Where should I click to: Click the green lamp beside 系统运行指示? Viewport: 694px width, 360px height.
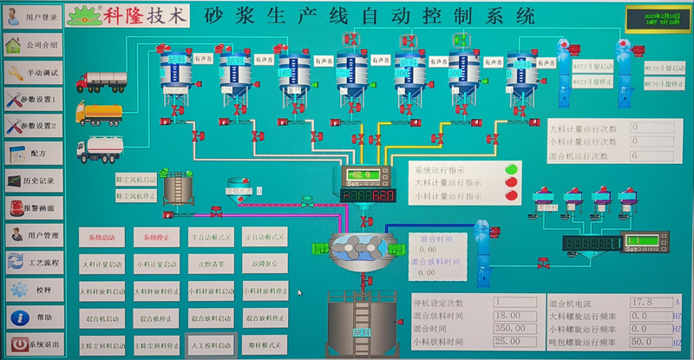tap(512, 168)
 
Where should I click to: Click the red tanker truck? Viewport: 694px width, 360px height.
tap(101, 82)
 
